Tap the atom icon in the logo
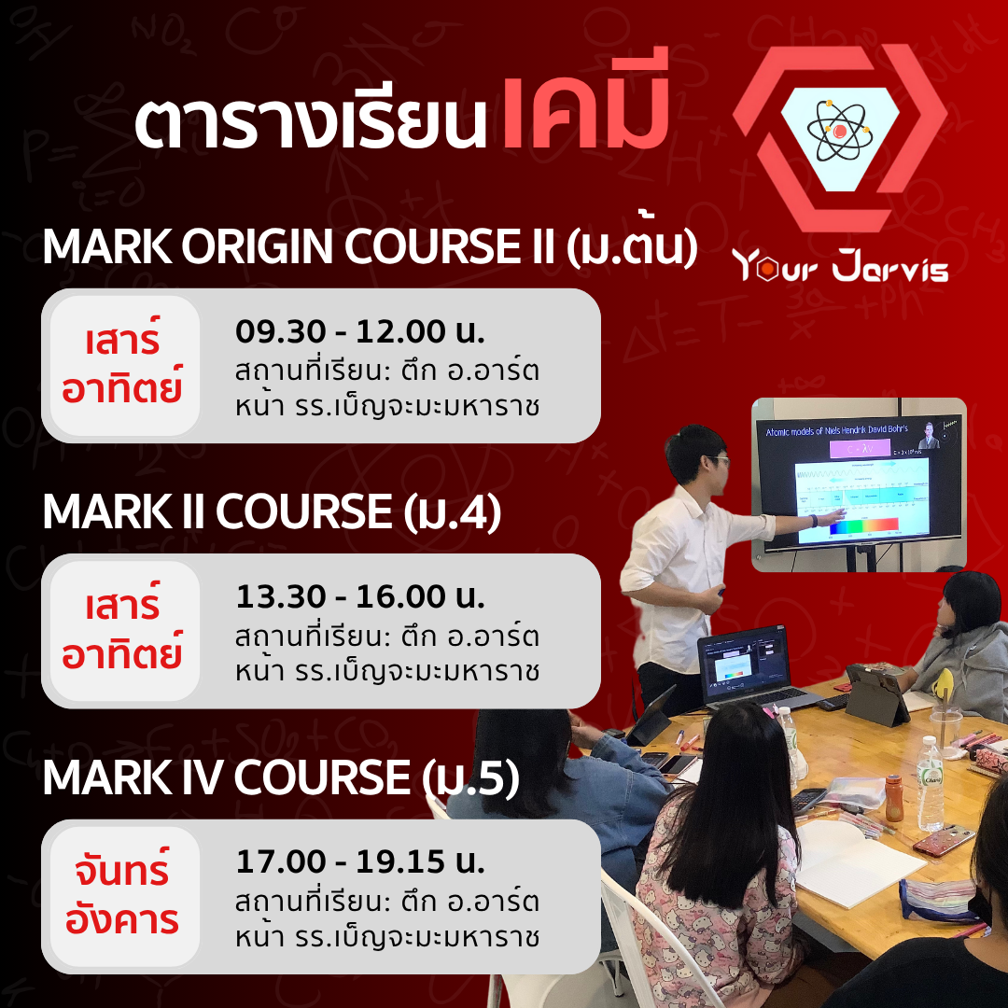(840, 131)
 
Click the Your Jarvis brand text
(840, 266)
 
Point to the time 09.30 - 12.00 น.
(360, 331)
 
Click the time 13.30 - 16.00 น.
(360, 596)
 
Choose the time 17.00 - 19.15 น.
(360, 861)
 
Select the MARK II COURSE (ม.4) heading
(272, 512)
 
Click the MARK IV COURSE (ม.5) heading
(280, 778)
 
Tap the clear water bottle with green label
(930, 784)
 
